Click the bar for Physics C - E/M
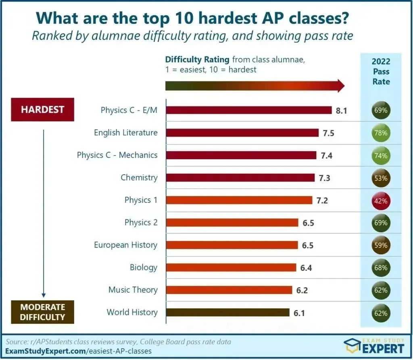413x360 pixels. pyautogui.click(x=248, y=110)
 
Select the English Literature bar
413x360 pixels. pyautogui.click(x=242, y=133)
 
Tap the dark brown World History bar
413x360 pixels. pyautogui.click(x=227, y=312)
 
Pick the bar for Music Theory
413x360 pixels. pyautogui.click(x=229, y=290)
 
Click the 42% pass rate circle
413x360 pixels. pyautogui.click(x=380, y=200)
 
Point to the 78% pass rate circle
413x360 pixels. pyautogui.click(x=380, y=133)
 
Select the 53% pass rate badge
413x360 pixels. pyautogui.click(x=380, y=178)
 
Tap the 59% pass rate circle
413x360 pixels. pyautogui.click(x=380, y=245)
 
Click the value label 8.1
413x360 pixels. pyautogui.click(x=342, y=110)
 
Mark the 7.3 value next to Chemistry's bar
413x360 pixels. pyautogui.click(x=324, y=178)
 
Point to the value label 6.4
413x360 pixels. pyautogui.click(x=306, y=268)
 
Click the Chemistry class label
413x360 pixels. pyautogui.click(x=139, y=177)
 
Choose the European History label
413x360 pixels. pyautogui.click(x=125, y=245)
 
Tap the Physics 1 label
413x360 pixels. pyautogui.click(x=141, y=200)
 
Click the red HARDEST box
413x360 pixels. pyautogui.click(x=42, y=110)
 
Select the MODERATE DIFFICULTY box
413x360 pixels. pyautogui.click(x=42, y=312)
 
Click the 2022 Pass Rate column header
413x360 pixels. pyautogui.click(x=381, y=71)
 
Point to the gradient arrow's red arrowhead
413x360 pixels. pyautogui.click(x=340, y=86)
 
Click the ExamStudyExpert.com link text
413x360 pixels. pyautogui.click(x=44, y=351)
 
